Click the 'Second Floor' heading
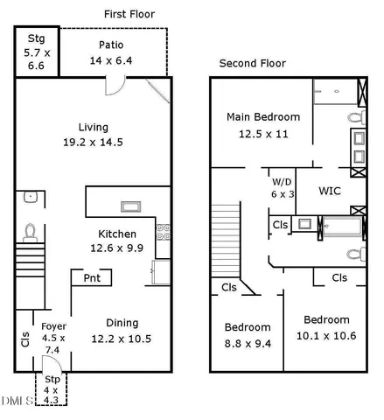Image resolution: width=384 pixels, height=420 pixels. click(x=252, y=64)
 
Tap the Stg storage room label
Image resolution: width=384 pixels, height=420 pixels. click(x=37, y=38)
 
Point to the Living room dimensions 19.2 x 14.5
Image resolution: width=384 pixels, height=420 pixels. click(x=92, y=143)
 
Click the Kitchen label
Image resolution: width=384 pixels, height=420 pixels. click(x=116, y=234)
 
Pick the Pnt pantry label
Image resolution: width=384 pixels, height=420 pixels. click(x=91, y=278)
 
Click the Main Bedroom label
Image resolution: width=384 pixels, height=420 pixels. click(x=263, y=116)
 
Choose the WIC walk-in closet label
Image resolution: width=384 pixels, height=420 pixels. click(x=329, y=190)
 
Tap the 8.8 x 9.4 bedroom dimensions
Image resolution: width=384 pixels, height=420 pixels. click(x=246, y=343)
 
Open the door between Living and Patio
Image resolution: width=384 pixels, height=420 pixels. click(x=113, y=85)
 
